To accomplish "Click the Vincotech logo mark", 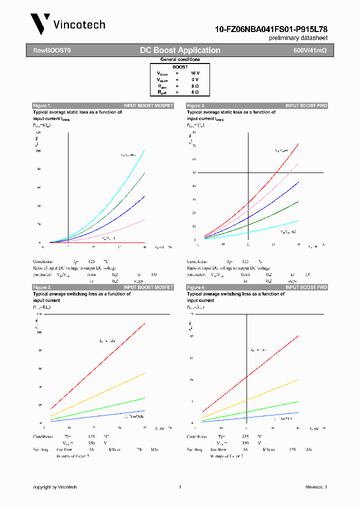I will (x=40, y=23).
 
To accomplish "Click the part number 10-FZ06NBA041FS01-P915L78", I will (x=271, y=29).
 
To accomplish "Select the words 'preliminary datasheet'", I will (x=298, y=38).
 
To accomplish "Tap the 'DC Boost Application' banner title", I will (x=180, y=50).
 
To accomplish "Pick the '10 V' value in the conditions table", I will (x=194, y=73).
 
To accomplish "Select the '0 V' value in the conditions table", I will (x=194, y=79).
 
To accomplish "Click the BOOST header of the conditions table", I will (x=180, y=67).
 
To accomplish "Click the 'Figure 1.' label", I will (x=42, y=105).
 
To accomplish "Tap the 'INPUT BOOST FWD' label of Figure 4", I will (x=306, y=287).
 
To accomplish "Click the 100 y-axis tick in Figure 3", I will (x=39, y=332).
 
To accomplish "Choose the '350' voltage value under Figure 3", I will (x=91, y=443).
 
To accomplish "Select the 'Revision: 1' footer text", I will (x=316, y=487).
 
